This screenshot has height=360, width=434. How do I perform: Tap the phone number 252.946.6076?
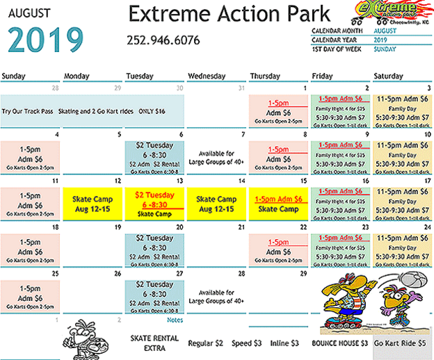click(x=163, y=40)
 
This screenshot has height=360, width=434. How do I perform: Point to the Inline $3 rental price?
click(x=284, y=343)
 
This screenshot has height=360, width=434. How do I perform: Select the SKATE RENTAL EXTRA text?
click(x=155, y=343)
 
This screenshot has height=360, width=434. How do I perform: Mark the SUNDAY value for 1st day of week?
click(x=385, y=49)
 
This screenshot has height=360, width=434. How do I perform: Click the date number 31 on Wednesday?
click(x=241, y=88)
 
